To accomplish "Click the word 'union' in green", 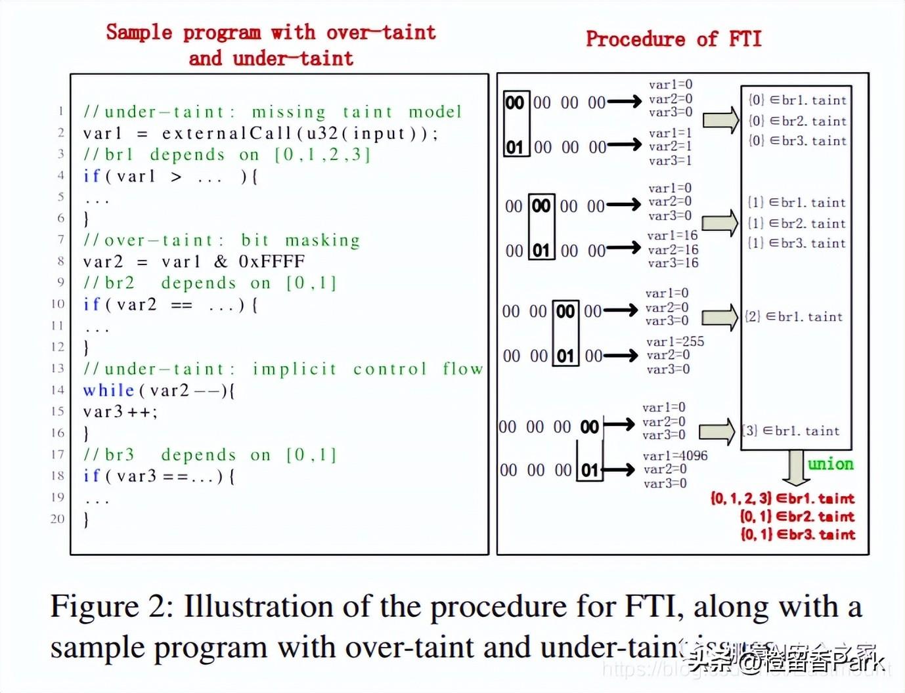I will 830,464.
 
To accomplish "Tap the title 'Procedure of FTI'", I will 673,39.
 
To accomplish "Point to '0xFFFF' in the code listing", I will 272,262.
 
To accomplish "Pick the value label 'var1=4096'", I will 675,455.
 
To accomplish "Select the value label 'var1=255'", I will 674,341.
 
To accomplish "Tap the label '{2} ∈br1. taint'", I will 793,317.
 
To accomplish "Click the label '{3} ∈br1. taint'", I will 791,431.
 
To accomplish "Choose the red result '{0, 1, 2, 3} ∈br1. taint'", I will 782,498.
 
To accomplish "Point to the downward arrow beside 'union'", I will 795,467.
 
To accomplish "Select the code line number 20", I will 58,518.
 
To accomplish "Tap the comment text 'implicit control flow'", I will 368,369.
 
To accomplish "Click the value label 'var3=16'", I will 673,263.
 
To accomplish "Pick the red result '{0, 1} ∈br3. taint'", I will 797,534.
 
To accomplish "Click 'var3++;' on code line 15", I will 120,412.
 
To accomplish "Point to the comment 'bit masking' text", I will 301,240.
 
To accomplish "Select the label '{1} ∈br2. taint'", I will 797,224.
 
